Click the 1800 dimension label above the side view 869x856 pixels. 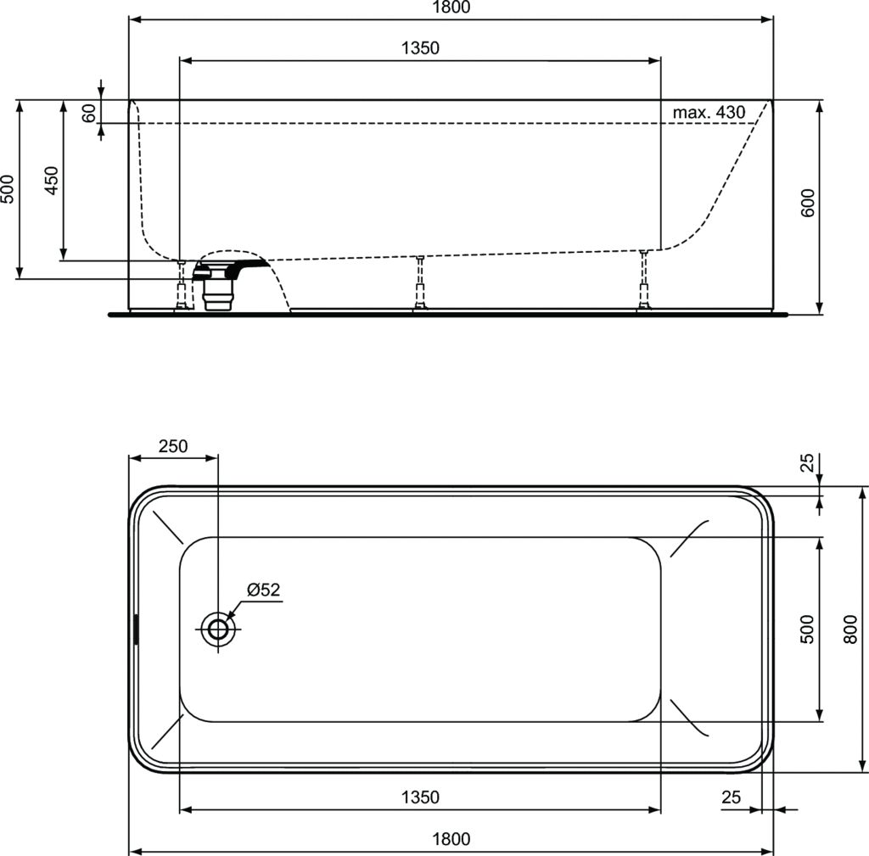coord(451,7)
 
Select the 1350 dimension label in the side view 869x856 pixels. coord(420,48)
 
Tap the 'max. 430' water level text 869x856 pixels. coord(709,113)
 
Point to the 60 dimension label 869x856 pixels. coord(88,113)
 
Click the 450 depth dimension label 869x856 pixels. coord(52,180)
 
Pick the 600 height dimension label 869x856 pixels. coord(808,203)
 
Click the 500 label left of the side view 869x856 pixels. coord(8,189)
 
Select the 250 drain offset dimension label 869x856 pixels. coord(173,446)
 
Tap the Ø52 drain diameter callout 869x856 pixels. coord(264,590)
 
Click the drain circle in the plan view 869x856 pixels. coord(218,629)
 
